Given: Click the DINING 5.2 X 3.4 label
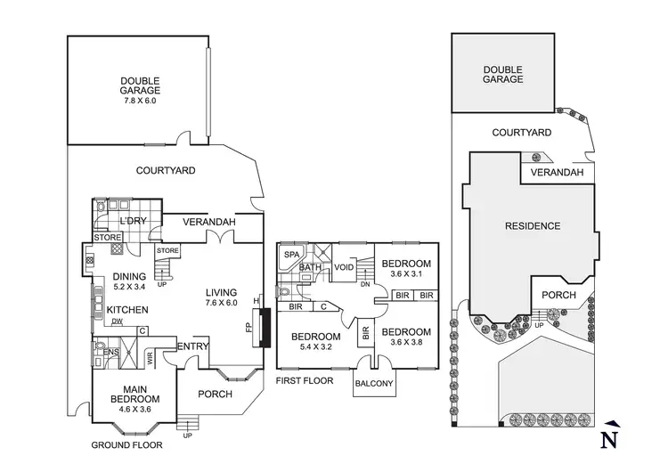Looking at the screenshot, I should point(131,281).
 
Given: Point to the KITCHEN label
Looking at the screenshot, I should point(127,310).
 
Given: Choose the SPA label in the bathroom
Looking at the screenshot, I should point(291,255).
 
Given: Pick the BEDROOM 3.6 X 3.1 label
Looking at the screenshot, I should point(406,268).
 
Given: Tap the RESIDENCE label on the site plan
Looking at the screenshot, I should point(534,226).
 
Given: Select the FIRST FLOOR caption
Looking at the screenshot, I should point(305,380).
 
